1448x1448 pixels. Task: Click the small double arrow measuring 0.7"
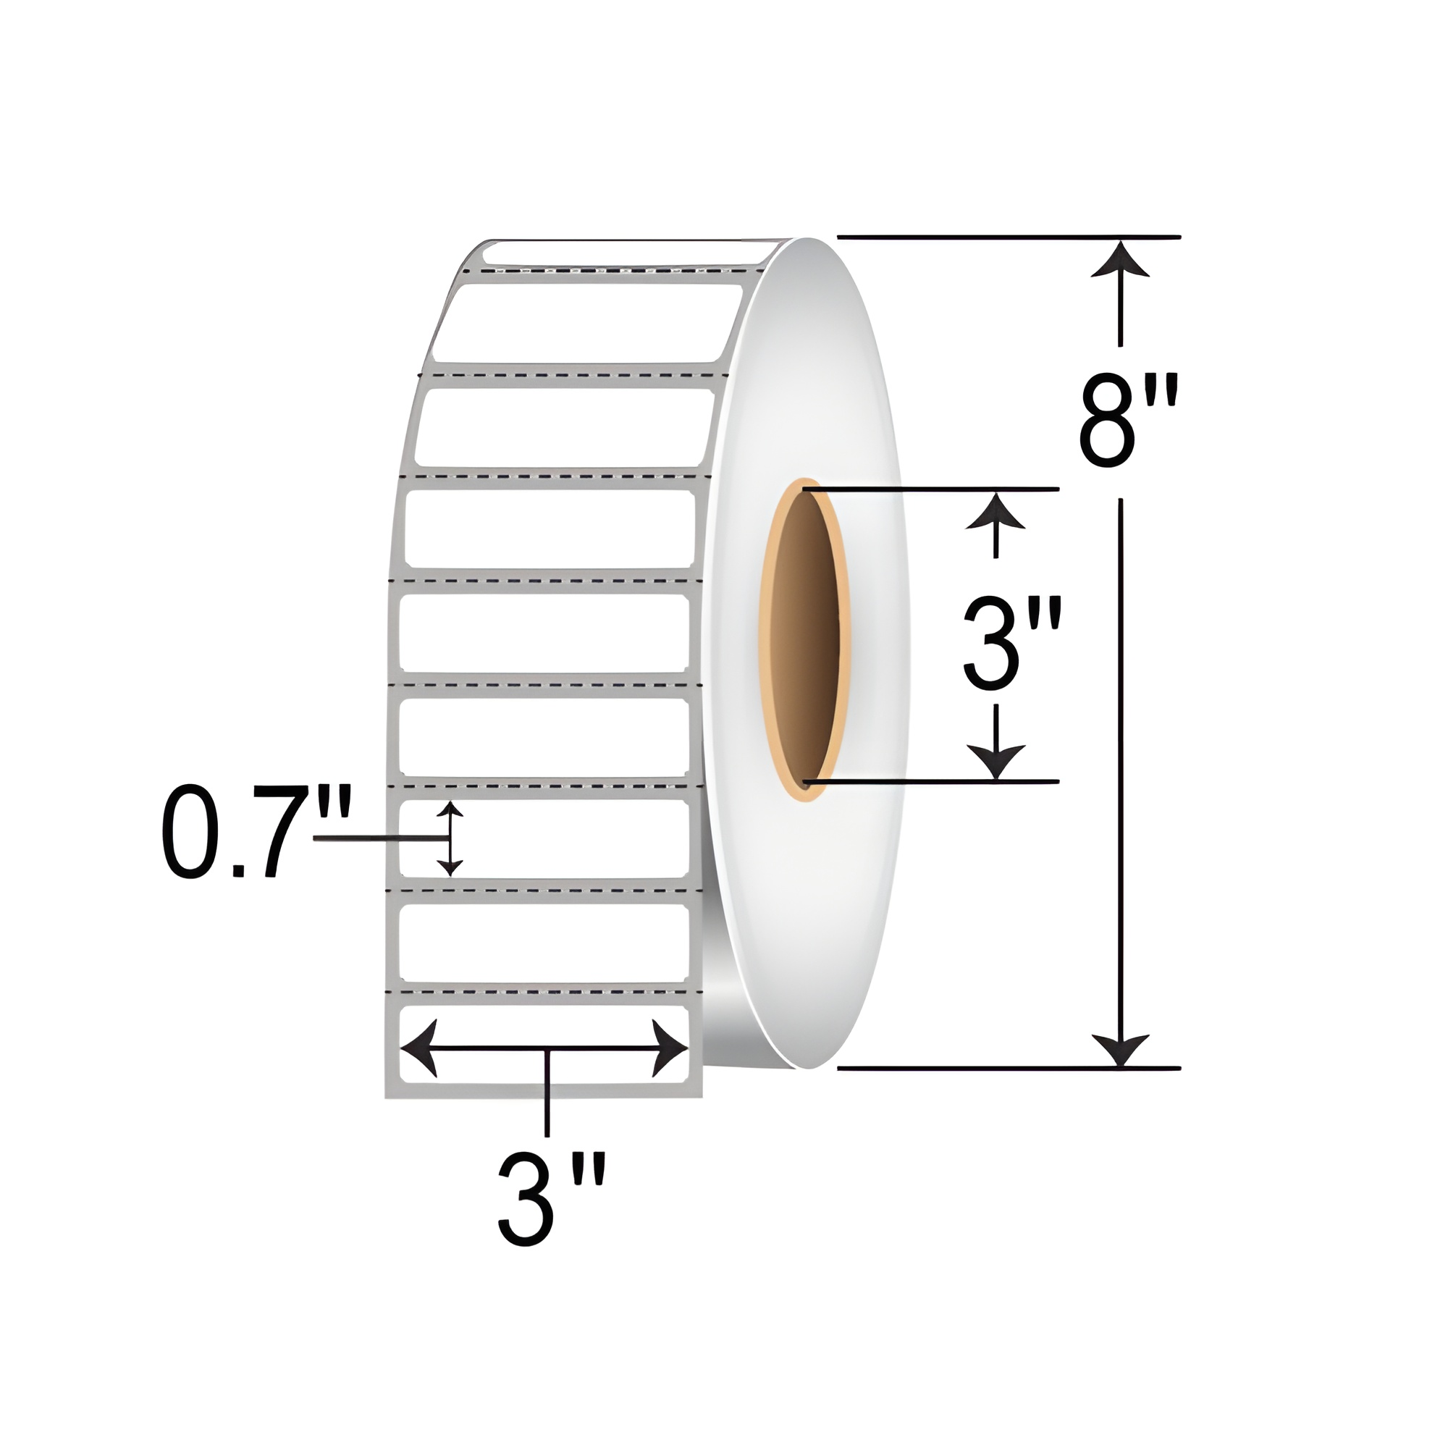coord(449,838)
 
